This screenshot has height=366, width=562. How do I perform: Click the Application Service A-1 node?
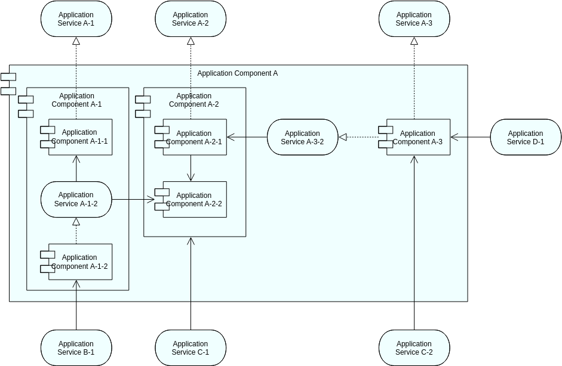click(76, 19)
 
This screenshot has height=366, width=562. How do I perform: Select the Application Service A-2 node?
click(191, 19)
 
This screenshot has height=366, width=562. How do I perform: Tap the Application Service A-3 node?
click(414, 19)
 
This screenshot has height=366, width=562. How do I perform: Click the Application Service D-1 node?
click(526, 138)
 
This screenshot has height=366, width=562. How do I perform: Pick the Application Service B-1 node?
click(76, 348)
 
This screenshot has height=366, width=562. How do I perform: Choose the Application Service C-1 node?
click(191, 348)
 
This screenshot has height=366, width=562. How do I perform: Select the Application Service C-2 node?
click(414, 348)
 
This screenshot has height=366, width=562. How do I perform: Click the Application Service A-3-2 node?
click(302, 138)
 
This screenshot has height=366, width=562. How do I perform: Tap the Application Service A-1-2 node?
click(76, 199)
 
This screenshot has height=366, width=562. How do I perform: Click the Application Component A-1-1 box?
click(80, 137)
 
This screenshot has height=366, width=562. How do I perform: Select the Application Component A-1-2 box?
click(80, 262)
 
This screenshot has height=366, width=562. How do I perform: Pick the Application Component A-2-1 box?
click(194, 138)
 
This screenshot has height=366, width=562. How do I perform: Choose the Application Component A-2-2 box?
click(194, 200)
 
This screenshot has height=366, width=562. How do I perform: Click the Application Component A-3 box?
click(418, 138)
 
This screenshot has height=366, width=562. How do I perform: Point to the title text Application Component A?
click(237, 73)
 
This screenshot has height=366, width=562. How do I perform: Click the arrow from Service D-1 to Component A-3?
click(471, 138)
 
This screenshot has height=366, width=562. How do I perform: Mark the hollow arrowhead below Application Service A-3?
click(414, 42)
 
